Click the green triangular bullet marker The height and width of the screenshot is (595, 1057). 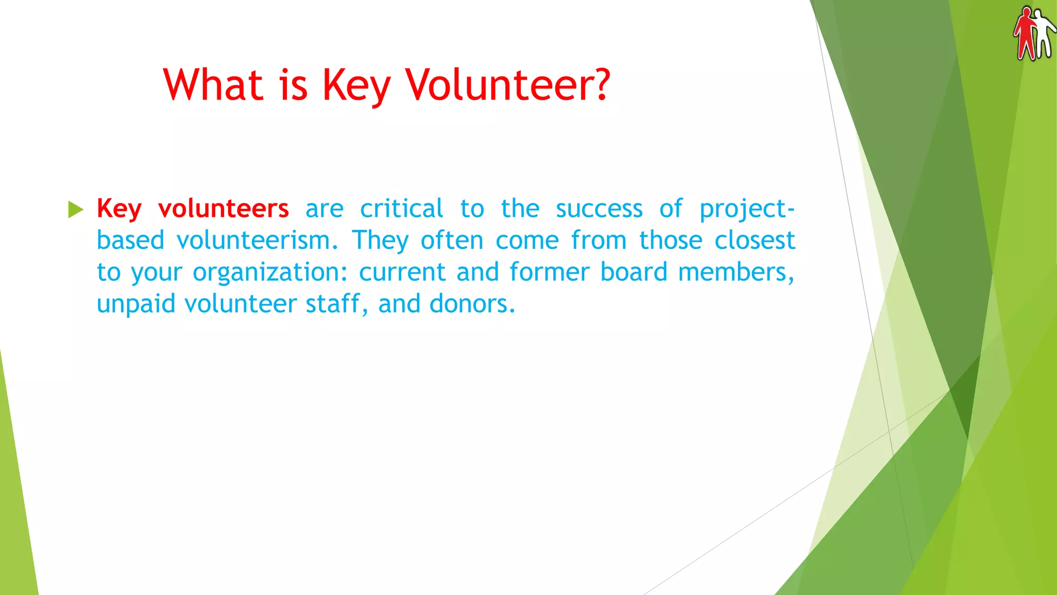coord(75,209)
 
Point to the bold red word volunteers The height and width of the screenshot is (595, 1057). coord(223,209)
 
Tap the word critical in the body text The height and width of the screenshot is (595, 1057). coord(401,209)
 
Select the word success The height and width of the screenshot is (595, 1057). coord(599,209)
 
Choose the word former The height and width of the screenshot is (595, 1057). coord(549,272)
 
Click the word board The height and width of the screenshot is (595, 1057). coord(634,272)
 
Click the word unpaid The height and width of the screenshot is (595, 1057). coord(136,304)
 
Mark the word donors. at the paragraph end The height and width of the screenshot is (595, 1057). coord(472,304)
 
